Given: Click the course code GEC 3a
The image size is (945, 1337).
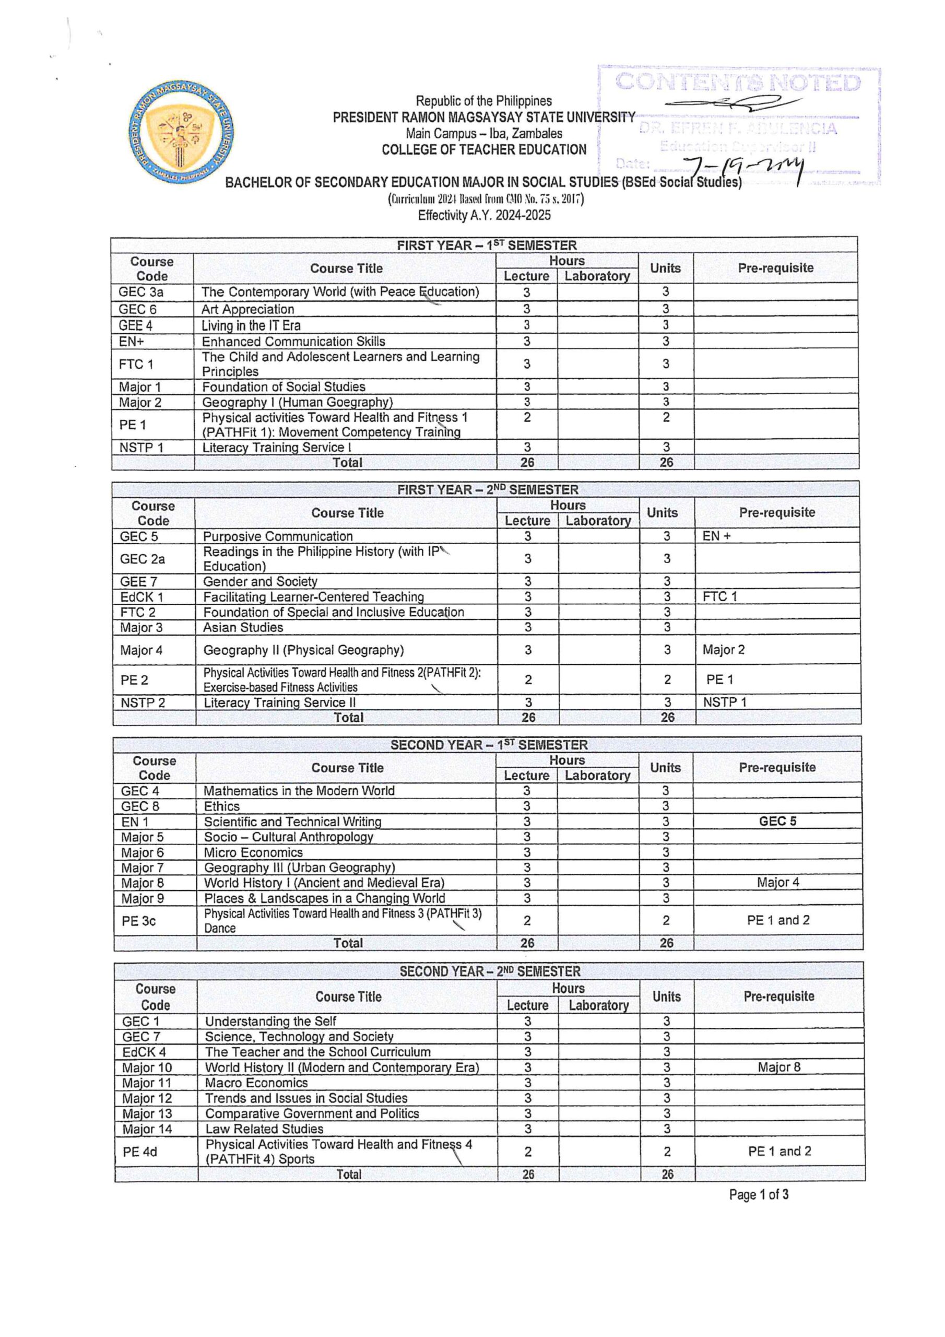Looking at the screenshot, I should point(141,292).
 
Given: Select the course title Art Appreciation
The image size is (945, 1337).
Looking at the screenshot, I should point(247,309).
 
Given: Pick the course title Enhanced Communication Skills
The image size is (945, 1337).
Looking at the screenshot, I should point(293,341).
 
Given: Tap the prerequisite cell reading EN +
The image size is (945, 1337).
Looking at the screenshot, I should point(716,536).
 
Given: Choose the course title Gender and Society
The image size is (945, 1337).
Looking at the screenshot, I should point(261,581).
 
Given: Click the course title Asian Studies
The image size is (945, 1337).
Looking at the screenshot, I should point(243,627).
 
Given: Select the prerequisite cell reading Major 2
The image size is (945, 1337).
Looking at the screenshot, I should point(723,649).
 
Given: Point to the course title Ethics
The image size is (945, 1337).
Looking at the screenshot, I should point(221,806).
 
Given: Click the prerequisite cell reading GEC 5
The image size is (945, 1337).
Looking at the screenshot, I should point(777,821).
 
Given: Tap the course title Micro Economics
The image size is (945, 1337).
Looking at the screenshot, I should point(253,852).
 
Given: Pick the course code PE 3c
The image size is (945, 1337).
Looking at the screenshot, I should point(138,921).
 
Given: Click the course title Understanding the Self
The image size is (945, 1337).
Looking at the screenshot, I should point(271,1021).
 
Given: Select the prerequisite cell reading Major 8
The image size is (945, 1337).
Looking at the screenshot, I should point(778,1067).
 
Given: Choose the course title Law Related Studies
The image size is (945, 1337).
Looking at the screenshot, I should point(264,1129).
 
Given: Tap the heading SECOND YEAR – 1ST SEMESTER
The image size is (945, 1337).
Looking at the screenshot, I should point(489,745).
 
